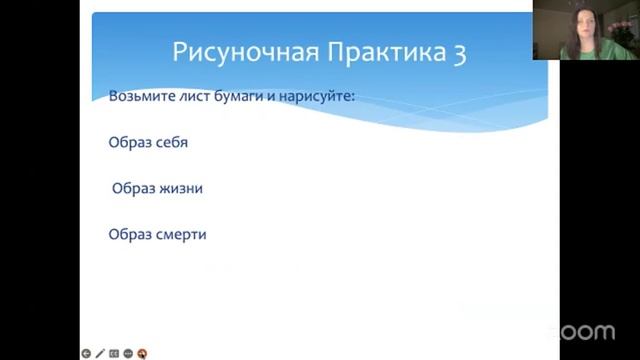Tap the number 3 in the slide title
pos(459,54)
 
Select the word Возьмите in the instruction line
pos(139,96)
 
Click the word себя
pos(169,142)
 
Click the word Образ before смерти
pos(128,234)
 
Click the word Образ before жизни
pos(132,188)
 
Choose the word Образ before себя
pos(128,142)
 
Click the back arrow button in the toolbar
pos(86,353)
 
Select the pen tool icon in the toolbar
pos(100,353)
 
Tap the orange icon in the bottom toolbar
pos(143,353)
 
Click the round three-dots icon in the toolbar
pos(129,353)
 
